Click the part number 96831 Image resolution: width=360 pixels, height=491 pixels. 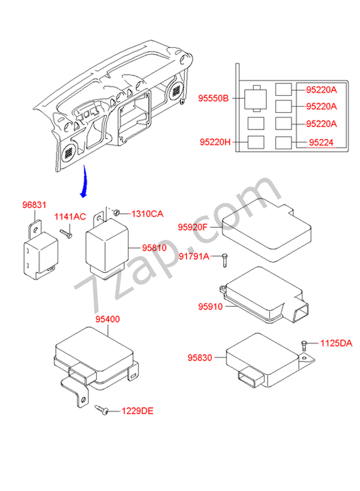tap(34, 205)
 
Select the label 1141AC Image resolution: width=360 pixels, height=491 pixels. tap(71, 216)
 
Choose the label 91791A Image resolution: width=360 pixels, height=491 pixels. tap(194, 257)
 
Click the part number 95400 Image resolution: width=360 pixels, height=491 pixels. tap(107, 320)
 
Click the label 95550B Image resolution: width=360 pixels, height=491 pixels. tap(213, 98)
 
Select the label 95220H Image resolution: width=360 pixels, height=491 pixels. tap(215, 143)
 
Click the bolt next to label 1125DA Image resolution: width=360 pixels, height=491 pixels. tap(304, 345)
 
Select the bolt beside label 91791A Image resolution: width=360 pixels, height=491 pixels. tap(224, 260)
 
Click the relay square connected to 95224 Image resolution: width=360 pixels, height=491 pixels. tap(284, 143)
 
